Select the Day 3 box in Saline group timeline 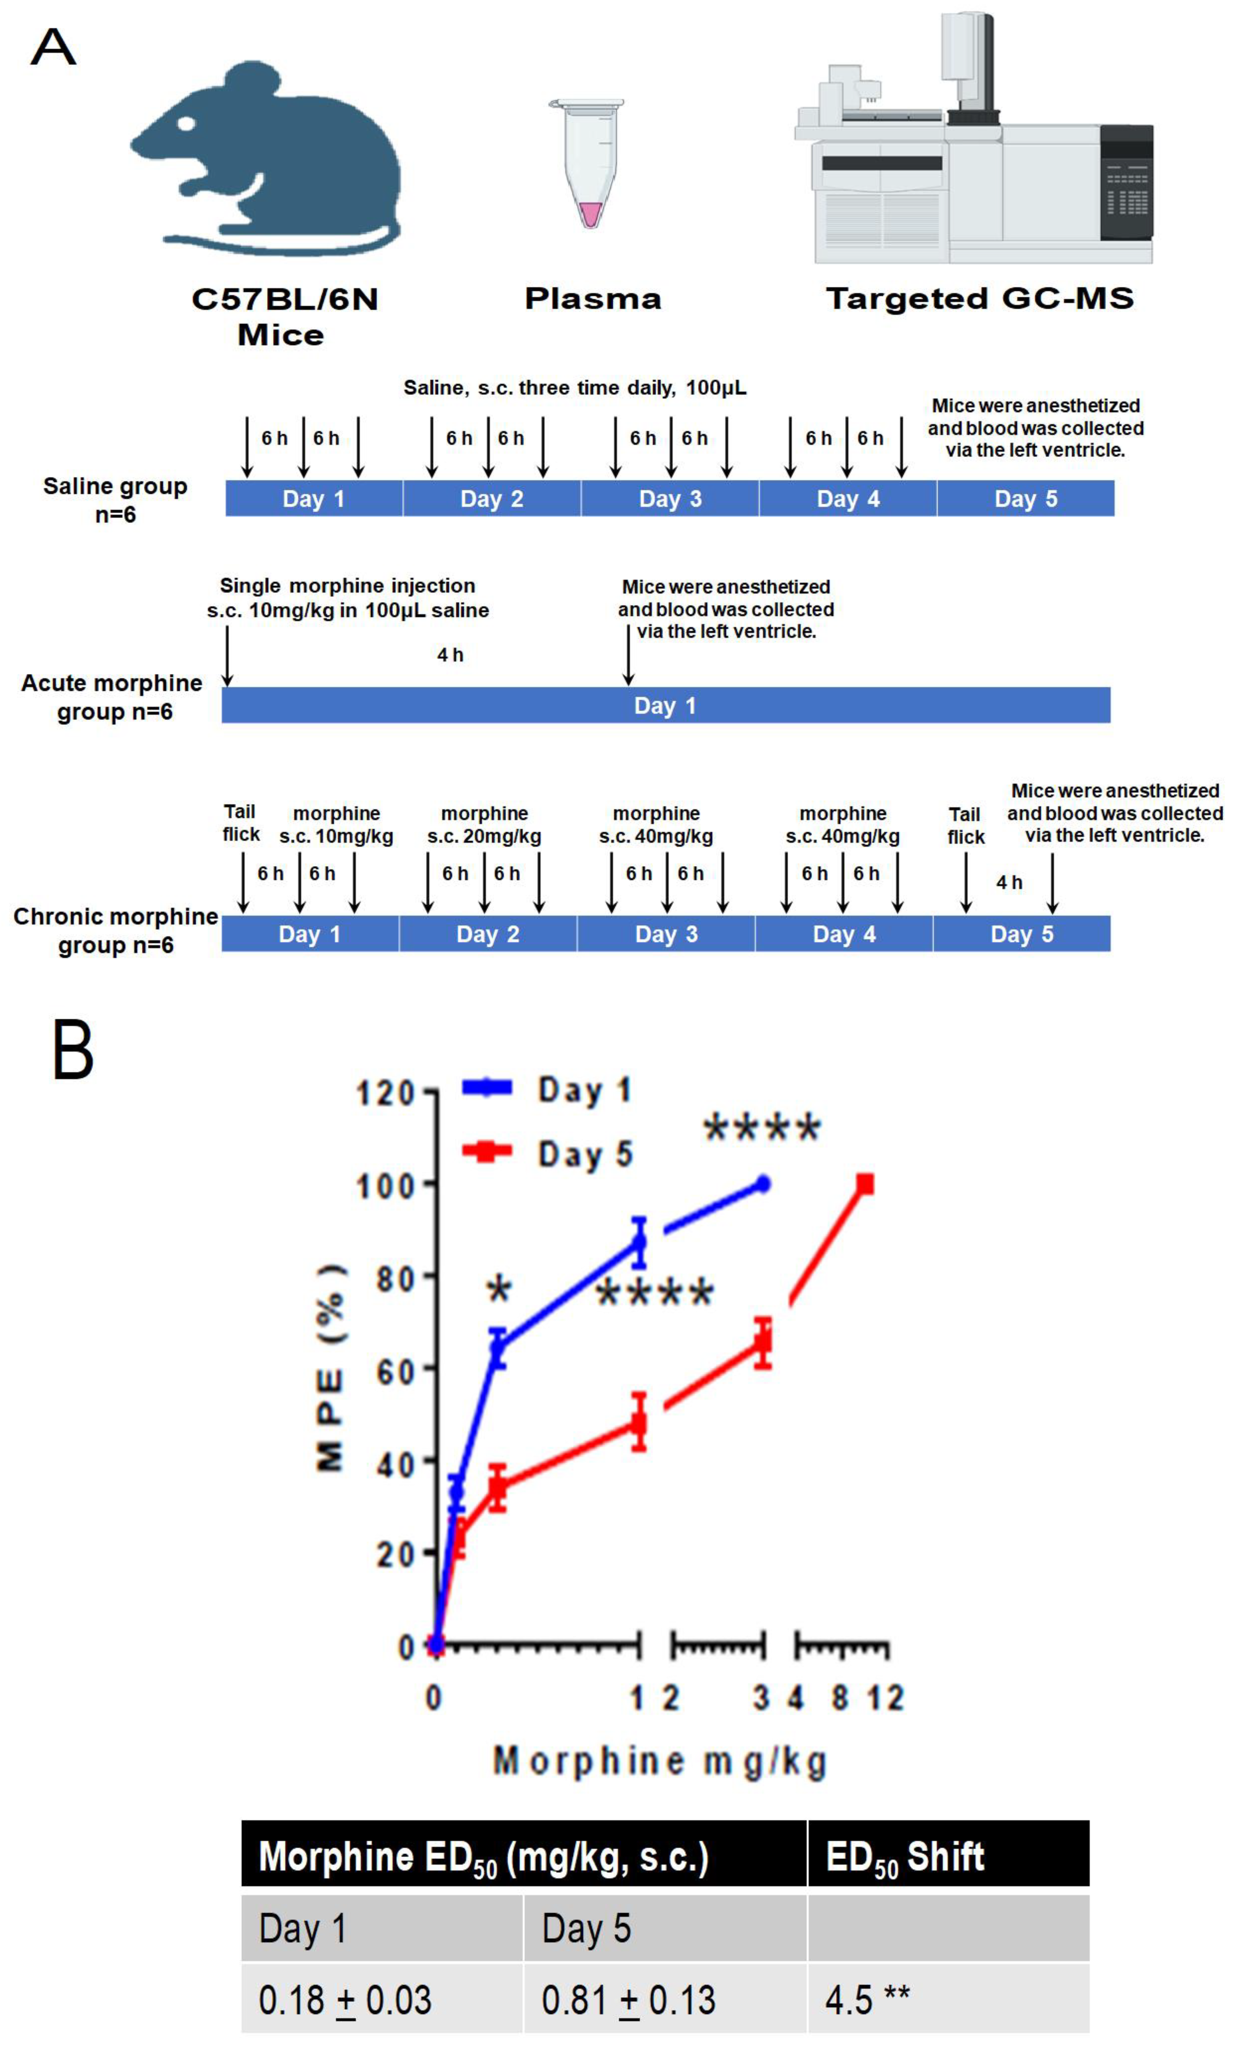[x=669, y=499]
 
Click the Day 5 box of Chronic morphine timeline [x=1021, y=934]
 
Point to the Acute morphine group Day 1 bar [x=665, y=705]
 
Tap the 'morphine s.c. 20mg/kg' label [x=484, y=825]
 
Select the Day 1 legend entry [x=549, y=1089]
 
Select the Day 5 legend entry [x=549, y=1153]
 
